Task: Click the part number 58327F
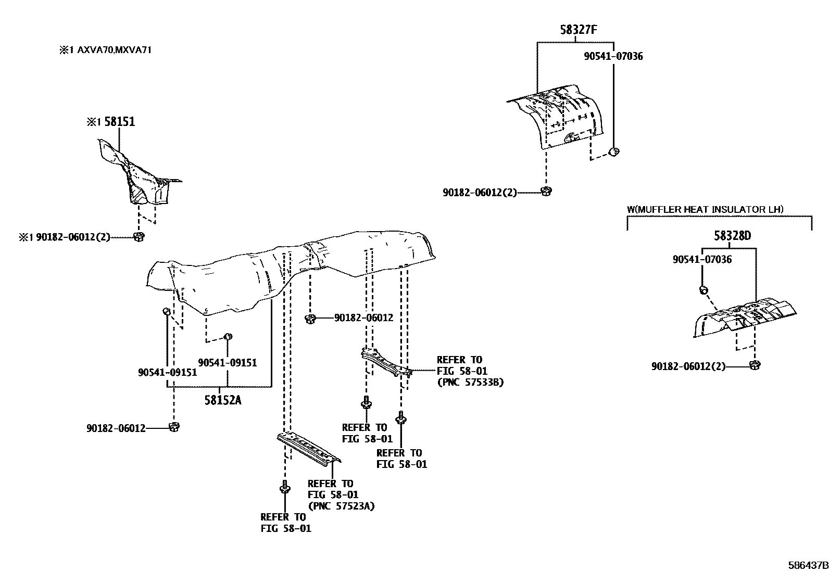click(x=578, y=30)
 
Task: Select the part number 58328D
click(x=732, y=236)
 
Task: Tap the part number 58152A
click(x=223, y=400)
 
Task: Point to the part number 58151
click(x=119, y=122)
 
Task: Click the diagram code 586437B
click(x=807, y=565)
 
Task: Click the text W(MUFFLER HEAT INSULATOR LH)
click(x=705, y=210)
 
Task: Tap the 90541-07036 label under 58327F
click(x=613, y=56)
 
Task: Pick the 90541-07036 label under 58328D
click(x=702, y=259)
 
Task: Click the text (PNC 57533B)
click(x=470, y=382)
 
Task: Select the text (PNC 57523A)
click(x=341, y=506)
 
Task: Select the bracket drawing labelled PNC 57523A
click(x=309, y=447)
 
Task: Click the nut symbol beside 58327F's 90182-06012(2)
click(x=546, y=192)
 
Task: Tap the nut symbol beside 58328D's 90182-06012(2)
click(x=754, y=365)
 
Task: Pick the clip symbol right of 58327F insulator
click(x=614, y=152)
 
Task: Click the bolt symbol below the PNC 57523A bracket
click(x=284, y=488)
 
